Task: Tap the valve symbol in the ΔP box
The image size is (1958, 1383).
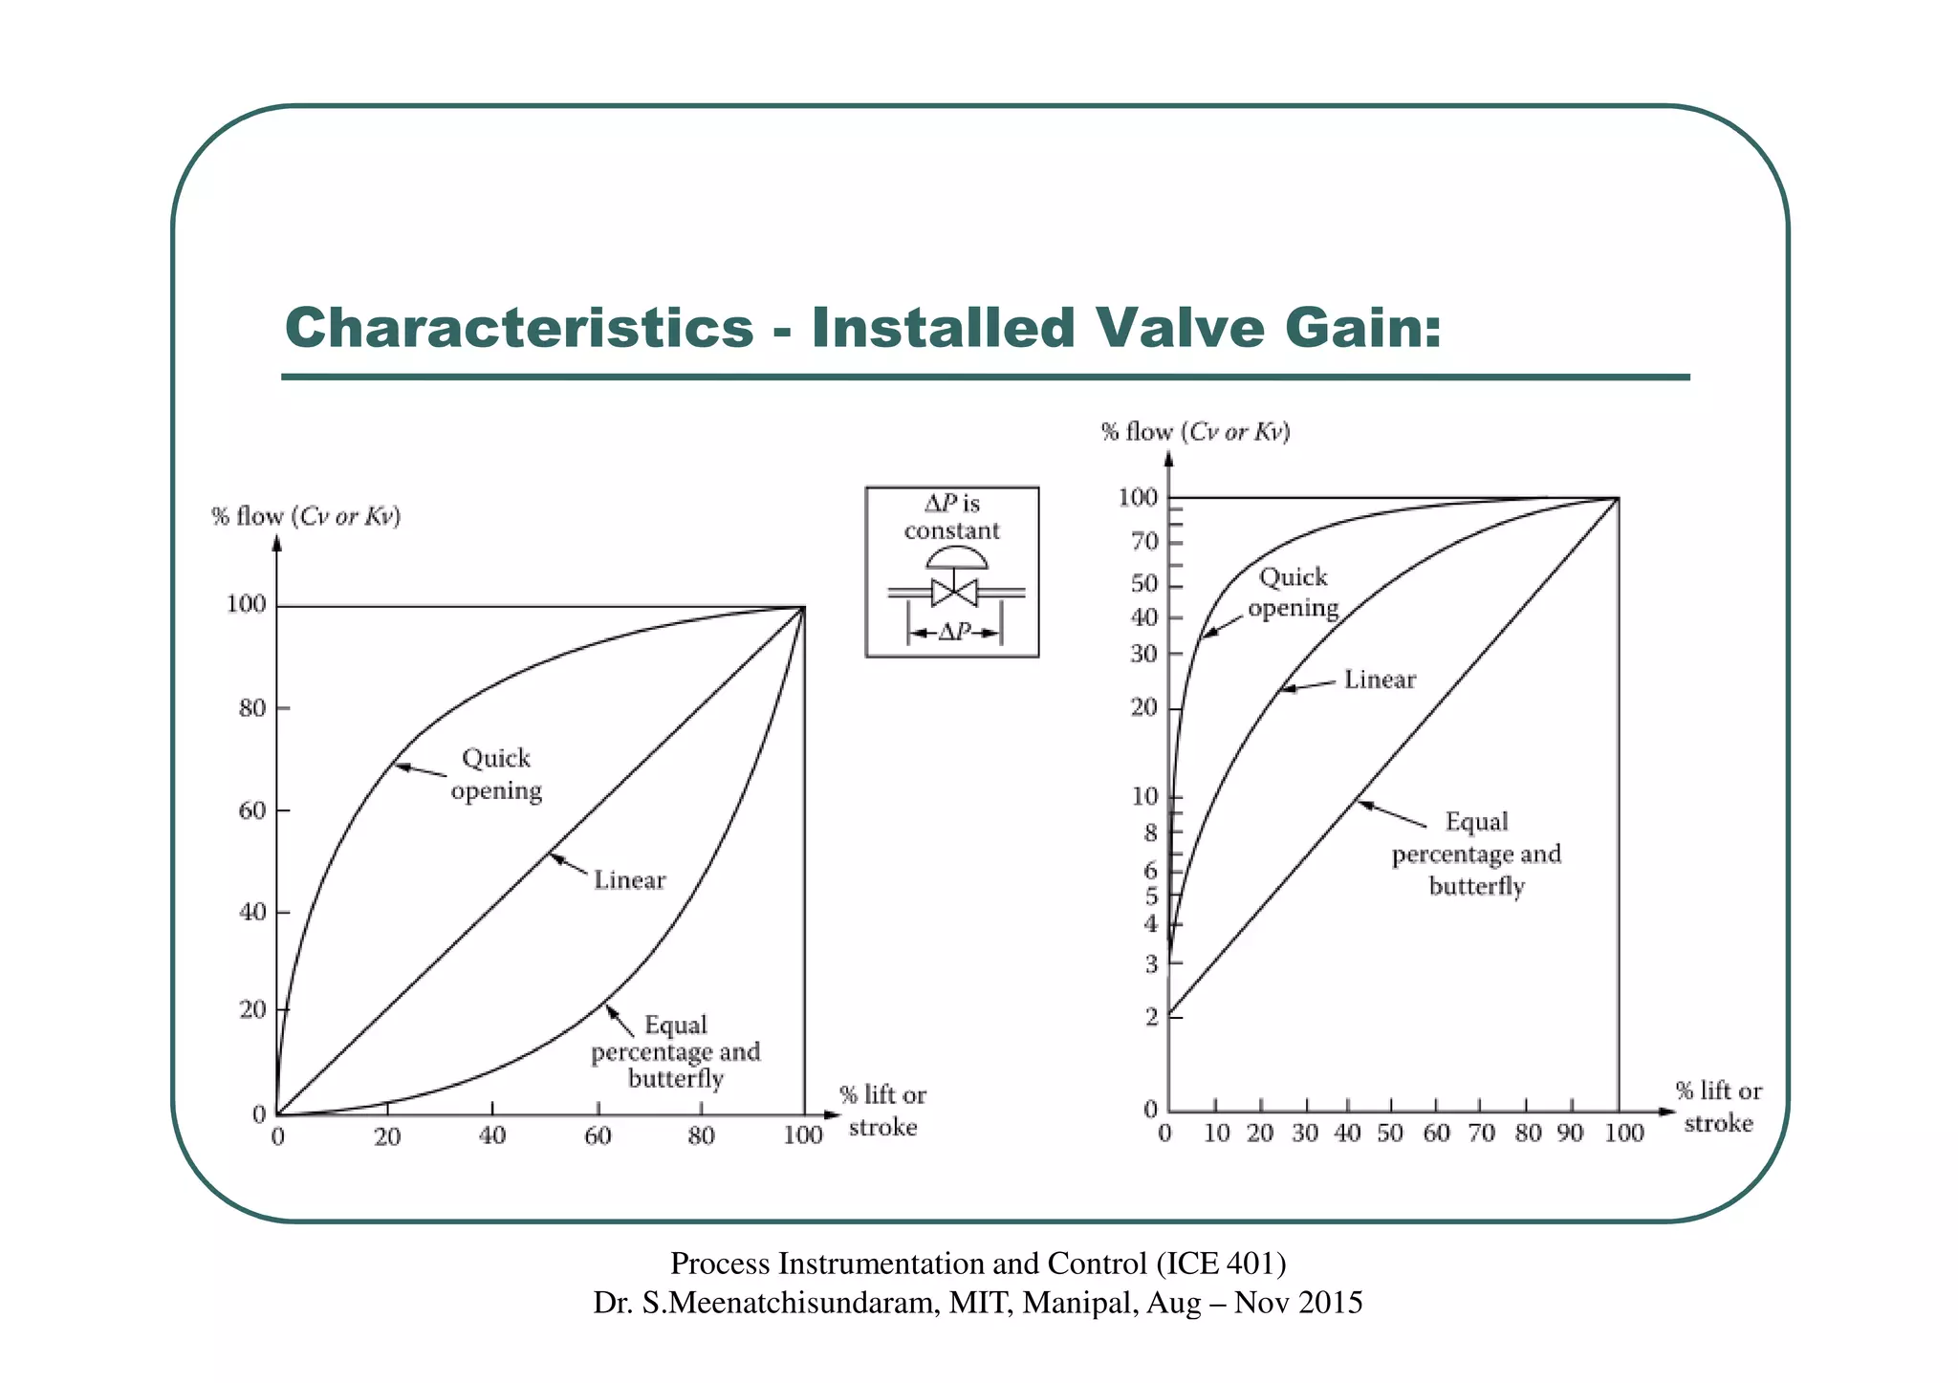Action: coord(953,592)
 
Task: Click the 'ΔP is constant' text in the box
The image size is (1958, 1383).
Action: coord(952,517)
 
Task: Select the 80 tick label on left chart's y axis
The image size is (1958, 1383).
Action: coord(251,708)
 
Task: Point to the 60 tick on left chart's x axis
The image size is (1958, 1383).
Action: coord(598,1135)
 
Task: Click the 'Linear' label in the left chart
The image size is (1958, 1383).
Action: coord(629,880)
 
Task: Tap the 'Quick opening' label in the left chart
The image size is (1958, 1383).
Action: coord(496,774)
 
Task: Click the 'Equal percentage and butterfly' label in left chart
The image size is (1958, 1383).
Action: coord(675,1051)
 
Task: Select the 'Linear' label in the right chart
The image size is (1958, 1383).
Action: coord(1379,680)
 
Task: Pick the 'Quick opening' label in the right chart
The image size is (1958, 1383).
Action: coord(1293,593)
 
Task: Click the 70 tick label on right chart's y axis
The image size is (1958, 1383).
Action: coord(1144,542)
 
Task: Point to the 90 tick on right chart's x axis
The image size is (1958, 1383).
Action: coord(1571,1134)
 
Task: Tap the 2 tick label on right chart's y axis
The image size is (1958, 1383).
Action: coord(1151,1016)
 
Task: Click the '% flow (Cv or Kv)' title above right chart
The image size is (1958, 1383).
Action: coord(1195,432)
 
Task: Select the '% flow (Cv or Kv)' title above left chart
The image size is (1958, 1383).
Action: coord(306,517)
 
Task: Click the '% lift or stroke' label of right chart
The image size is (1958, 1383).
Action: coord(1718,1107)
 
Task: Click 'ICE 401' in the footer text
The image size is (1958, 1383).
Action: coord(1220,1264)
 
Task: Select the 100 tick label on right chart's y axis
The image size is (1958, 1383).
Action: coord(1138,497)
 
